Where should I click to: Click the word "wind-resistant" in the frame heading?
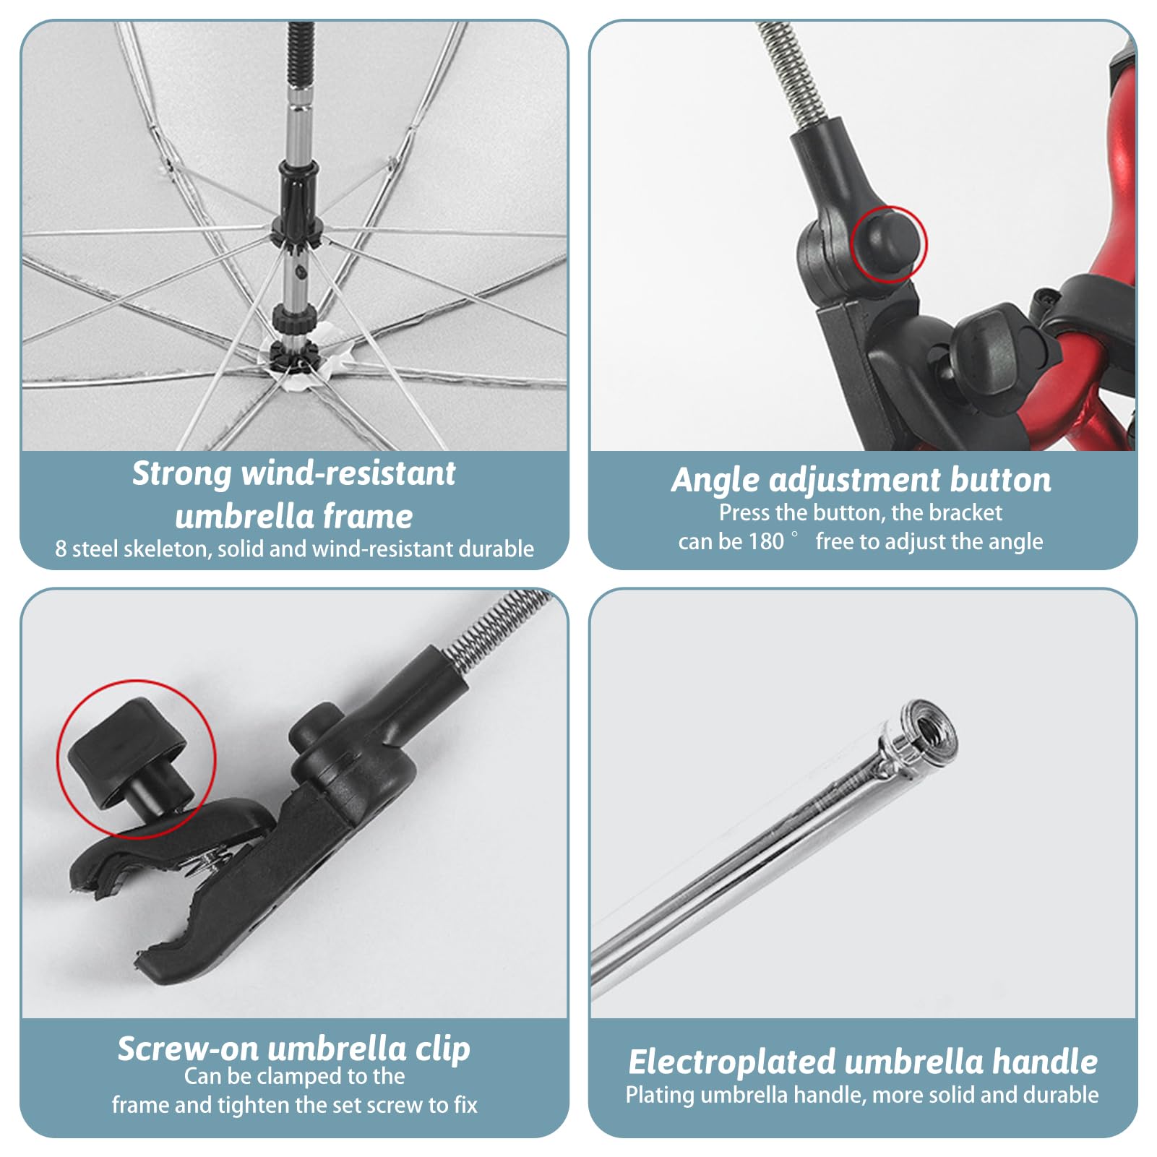pos(348,474)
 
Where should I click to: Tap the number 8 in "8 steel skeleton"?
pos(61,549)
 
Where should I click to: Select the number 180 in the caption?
pos(766,541)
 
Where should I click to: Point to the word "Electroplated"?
pos(731,1062)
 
